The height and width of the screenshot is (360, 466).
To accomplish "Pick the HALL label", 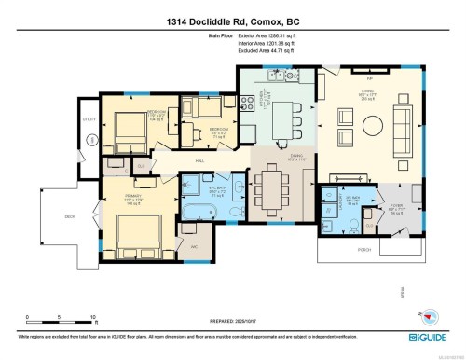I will click(199, 161).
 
